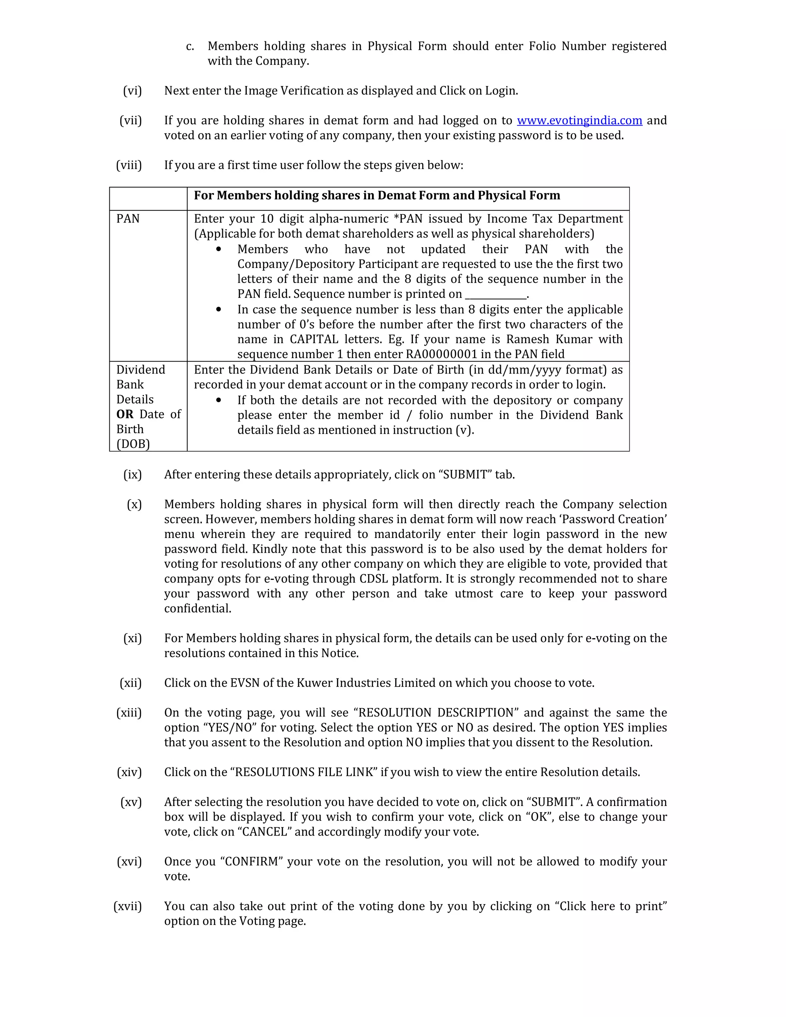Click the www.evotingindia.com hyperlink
pyautogui.click(x=579, y=121)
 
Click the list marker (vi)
pyautogui.click(x=132, y=91)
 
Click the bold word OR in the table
pyautogui.click(x=125, y=414)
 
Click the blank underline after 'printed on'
pyautogui.click(x=495, y=295)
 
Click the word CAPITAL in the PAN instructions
pyautogui.click(x=314, y=340)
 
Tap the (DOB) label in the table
pyautogui.click(x=133, y=444)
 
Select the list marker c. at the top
pyautogui.click(x=190, y=46)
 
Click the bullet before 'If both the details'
pyautogui.click(x=218, y=400)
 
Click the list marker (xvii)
pyautogui.click(x=127, y=906)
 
